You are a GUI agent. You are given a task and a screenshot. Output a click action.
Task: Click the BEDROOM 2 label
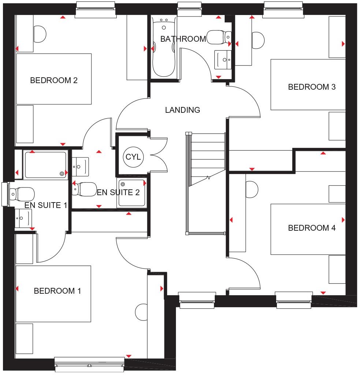pos(54,80)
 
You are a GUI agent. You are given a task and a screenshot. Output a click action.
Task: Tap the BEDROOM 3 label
pos(312,87)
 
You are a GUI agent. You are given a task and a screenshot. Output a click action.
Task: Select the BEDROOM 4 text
pos(312,228)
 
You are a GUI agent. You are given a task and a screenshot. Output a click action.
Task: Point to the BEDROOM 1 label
pos(57,291)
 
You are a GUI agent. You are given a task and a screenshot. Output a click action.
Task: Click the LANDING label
pos(183,110)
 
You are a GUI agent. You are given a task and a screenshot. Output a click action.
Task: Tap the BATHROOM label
pos(183,39)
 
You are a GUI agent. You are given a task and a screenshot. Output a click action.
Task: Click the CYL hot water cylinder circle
pos(133,157)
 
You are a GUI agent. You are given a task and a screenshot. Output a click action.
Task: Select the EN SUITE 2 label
pos(118,192)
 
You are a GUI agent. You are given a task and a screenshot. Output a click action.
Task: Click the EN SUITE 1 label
pos(46,205)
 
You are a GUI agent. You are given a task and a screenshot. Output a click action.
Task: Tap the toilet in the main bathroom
pos(218,37)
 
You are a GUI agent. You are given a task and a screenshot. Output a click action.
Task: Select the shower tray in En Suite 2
pos(132,193)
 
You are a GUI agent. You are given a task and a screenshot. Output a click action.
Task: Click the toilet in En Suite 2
pos(83,189)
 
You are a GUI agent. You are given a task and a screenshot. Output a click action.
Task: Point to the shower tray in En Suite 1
pos(45,165)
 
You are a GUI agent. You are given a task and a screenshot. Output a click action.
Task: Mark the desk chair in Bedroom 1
pos(141,312)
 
